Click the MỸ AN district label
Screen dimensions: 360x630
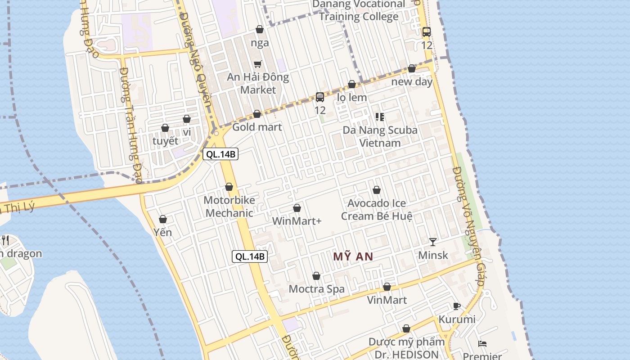pos(353,256)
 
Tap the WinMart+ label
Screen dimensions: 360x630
pos(297,221)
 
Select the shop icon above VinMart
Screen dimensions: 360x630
pos(387,287)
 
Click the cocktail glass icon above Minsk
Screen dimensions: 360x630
pos(432,242)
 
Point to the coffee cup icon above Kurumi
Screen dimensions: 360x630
pos(457,306)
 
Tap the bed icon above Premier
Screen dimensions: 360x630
pos(482,344)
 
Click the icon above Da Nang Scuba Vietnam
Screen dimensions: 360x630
pos(380,117)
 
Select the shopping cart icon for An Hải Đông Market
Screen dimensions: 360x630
pos(257,64)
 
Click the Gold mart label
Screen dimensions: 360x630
pos(257,127)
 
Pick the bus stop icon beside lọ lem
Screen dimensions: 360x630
pos(320,97)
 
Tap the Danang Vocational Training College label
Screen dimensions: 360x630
pos(359,11)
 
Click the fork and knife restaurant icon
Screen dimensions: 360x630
pos(5,240)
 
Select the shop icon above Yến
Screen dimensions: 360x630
pos(163,219)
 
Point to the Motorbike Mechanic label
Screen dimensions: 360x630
pos(229,207)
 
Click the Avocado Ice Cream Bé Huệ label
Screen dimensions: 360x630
pos(377,210)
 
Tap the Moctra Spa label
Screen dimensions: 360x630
pos(316,289)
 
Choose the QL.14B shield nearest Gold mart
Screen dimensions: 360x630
pos(220,154)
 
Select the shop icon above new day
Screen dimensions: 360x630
pos(412,68)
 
